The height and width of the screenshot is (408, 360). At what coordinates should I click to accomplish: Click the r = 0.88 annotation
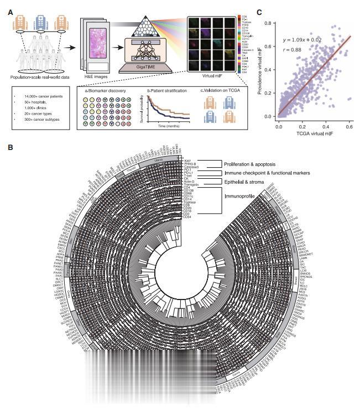click(294, 50)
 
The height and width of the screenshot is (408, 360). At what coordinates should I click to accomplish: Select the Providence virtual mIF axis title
click(260, 71)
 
